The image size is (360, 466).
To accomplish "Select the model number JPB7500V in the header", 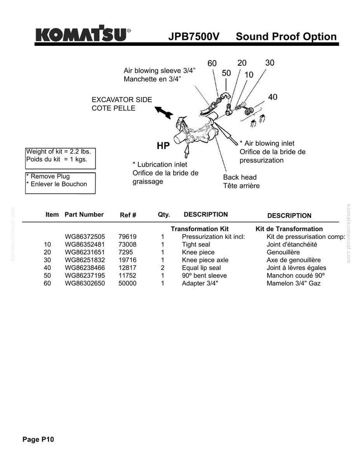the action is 194,37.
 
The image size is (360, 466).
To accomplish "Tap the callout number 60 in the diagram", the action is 212,63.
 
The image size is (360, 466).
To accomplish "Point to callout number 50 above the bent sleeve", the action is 226,73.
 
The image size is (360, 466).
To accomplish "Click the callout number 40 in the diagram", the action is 272,97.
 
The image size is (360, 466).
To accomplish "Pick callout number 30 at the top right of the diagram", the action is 270,63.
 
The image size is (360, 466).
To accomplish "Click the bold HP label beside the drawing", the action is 163,146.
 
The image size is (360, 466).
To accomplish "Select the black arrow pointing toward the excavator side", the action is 164,112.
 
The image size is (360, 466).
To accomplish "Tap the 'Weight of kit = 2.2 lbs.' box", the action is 60,158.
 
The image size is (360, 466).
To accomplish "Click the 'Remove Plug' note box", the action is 60,183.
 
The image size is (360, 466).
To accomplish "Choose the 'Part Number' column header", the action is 84,214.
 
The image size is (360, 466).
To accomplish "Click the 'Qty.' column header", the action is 164,214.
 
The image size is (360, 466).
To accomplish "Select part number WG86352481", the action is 85,245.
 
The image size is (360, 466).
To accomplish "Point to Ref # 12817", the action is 127,268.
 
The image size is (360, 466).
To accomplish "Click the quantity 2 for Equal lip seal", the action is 163,268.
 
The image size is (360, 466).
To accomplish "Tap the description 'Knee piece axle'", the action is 205,260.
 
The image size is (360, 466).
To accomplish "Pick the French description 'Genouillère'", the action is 283,252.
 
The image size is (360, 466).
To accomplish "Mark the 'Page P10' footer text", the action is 39,440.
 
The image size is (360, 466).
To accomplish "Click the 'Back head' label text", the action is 240,177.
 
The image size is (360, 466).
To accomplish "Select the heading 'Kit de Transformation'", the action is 289,229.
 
